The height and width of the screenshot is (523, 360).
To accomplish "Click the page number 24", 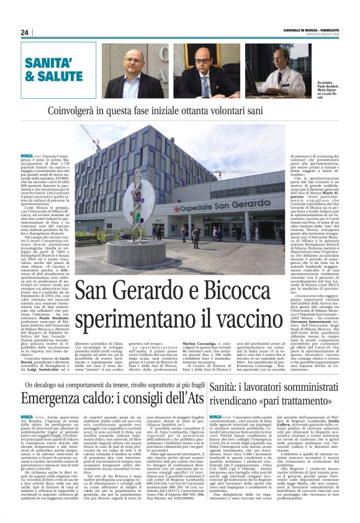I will pos(25,32).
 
